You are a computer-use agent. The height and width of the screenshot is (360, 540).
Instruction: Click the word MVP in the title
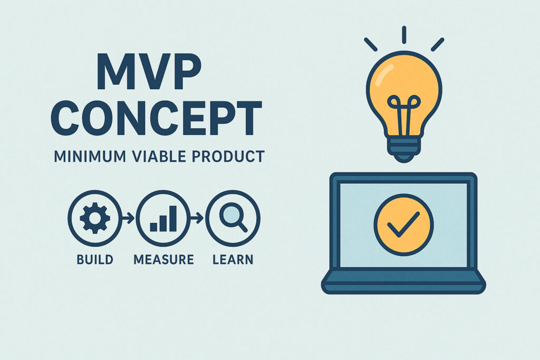point(149,72)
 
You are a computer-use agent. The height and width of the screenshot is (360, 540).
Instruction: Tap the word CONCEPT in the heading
point(157,118)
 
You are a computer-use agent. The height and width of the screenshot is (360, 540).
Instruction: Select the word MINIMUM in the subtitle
point(90,157)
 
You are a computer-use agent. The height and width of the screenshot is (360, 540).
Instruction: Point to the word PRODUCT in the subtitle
point(228,157)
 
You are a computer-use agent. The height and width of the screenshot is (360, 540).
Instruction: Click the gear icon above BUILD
point(95,218)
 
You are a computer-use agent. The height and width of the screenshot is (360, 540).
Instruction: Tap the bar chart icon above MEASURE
point(163,219)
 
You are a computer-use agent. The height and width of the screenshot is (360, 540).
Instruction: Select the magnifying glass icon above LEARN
point(233,218)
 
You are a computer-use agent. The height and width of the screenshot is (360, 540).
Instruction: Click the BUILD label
point(95,259)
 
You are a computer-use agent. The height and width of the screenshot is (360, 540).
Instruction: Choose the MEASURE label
point(163,259)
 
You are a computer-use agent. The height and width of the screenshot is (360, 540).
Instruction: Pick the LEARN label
point(233,259)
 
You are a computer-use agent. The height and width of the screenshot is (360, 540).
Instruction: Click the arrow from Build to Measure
point(128,218)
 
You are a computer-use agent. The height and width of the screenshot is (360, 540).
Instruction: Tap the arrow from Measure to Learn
point(197,218)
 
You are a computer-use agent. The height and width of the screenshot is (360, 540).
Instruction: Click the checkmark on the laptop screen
point(403,225)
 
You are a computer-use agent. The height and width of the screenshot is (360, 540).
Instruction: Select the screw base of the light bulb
point(403,149)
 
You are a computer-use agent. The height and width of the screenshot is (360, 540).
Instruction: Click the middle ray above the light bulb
point(404,35)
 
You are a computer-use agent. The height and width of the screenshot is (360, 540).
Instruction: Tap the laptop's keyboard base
point(403,281)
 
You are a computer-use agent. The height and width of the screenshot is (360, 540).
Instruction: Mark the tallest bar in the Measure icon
point(172,219)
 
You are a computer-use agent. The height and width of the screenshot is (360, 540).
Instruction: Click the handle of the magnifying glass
point(243,227)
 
